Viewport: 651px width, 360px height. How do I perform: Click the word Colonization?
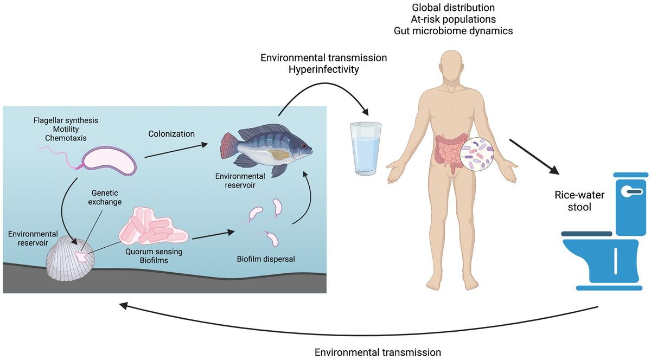pyautogui.click(x=171, y=133)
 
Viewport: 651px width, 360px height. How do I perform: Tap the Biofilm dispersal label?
pyautogui.click(x=266, y=259)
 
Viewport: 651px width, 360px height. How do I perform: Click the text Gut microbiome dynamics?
pyautogui.click(x=453, y=31)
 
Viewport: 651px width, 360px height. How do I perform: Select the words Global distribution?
pyautogui.click(x=453, y=8)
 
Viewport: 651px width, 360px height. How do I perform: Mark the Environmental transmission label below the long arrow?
pyautogui.click(x=378, y=352)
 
